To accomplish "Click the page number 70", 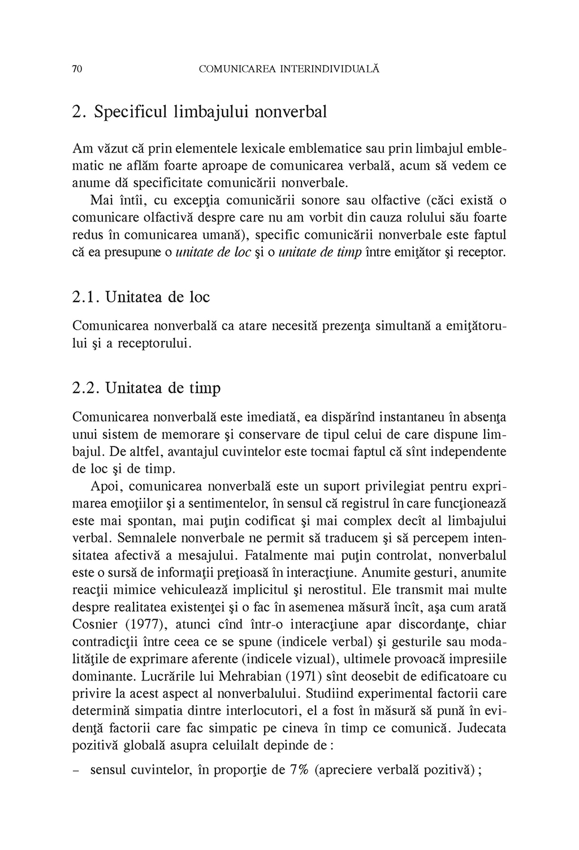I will coord(78,70).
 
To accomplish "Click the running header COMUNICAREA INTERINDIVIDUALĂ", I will coord(289,70).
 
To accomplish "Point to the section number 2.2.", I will coord(86,388).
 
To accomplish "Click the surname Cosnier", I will coord(95,625).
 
